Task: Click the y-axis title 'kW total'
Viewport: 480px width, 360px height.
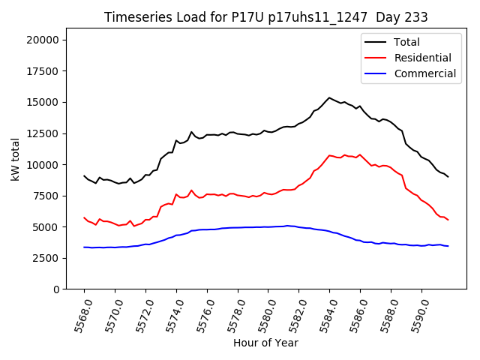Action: [x=15, y=163]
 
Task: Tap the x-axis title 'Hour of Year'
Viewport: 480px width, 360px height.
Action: [x=265, y=343]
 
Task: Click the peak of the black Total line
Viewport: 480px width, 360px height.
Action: [x=329, y=97]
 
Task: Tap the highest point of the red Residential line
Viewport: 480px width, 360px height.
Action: [x=329, y=155]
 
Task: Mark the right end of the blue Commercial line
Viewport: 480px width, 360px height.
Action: [x=448, y=246]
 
